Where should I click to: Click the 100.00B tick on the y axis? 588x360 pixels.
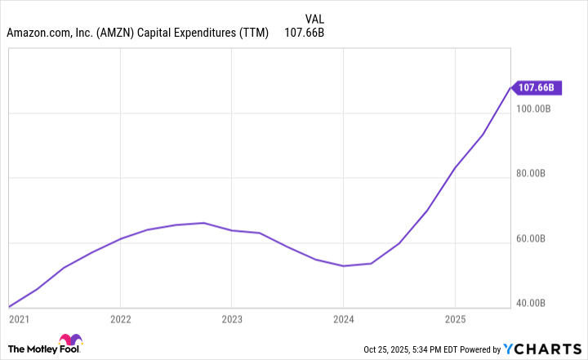pyautogui.click(x=536, y=109)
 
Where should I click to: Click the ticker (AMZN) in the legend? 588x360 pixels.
pyautogui.click(x=118, y=34)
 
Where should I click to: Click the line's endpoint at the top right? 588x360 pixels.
pyautogui.click(x=510, y=87)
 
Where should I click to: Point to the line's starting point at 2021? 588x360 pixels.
pyautogui.click(x=9, y=307)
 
